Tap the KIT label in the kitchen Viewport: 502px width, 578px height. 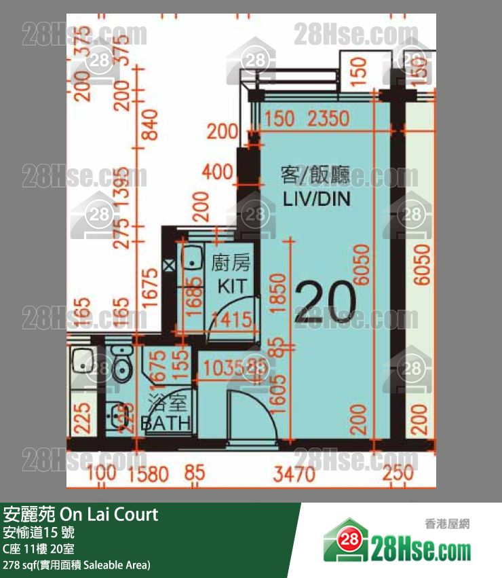click(231, 286)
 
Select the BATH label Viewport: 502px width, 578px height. click(166, 424)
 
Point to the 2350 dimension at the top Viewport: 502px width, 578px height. click(328, 120)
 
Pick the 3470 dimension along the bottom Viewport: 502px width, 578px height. click(294, 473)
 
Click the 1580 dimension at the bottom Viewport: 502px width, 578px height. click(146, 473)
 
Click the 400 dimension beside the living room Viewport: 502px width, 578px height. click(218, 172)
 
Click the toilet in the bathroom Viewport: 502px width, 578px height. click(121, 364)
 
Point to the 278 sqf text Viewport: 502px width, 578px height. click(76, 565)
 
